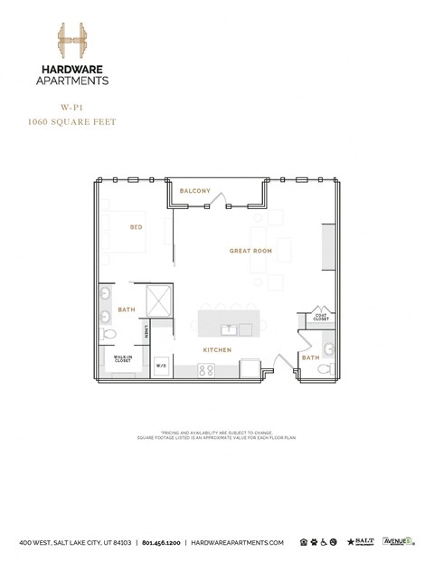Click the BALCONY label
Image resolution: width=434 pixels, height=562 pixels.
(194, 191)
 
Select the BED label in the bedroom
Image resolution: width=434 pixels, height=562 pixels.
(136, 227)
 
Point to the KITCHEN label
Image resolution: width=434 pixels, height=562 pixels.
(217, 350)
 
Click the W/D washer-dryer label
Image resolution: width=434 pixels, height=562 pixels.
(161, 366)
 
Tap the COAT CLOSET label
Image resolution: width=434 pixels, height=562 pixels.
(321, 317)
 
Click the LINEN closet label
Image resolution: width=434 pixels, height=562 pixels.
(146, 331)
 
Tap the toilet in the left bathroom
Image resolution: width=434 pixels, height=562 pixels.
(110, 335)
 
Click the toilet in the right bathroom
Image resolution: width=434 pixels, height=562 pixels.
(307, 367)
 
